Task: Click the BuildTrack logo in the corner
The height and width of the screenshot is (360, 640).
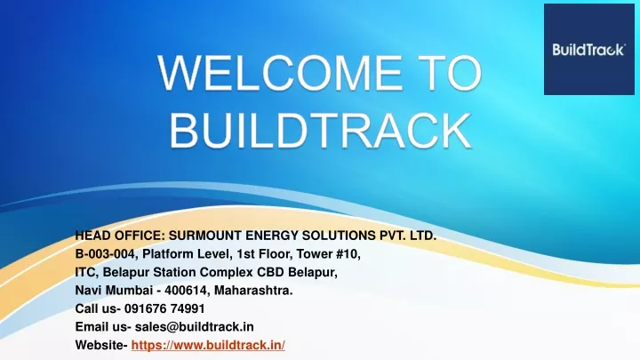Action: (589, 50)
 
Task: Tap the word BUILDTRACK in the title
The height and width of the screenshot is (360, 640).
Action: (320, 131)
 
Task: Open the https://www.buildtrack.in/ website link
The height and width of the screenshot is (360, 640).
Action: (208, 345)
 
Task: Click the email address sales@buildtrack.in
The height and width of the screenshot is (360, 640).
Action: (195, 326)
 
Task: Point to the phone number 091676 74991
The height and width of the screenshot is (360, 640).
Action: (164, 308)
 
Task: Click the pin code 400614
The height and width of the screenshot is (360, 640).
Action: (188, 290)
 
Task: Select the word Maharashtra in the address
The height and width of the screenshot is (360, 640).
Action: (253, 290)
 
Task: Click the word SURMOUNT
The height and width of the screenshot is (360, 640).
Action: (205, 236)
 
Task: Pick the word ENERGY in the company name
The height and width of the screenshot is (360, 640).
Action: (271, 236)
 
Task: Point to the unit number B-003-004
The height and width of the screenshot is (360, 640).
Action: (106, 254)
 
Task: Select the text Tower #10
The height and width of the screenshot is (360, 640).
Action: (328, 254)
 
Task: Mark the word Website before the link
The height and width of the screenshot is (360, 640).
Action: (101, 345)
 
